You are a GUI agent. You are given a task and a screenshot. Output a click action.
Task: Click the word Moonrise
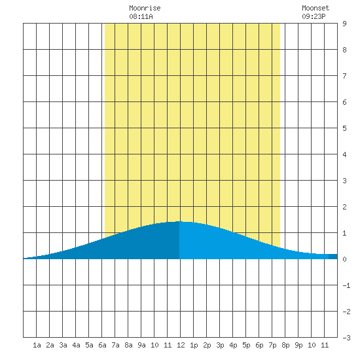pyautogui.click(x=145, y=8)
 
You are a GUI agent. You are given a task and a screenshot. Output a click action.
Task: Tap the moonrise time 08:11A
pyautogui.click(x=141, y=16)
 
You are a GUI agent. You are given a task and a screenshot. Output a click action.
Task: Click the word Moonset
pyautogui.click(x=315, y=8)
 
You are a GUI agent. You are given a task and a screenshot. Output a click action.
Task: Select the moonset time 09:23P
pyautogui.click(x=314, y=16)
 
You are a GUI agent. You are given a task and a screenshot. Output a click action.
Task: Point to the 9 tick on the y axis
pyautogui.click(x=344, y=24)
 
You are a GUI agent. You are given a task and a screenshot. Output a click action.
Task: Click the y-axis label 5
pyautogui.click(x=344, y=128)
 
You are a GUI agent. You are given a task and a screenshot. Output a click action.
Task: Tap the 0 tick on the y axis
pyautogui.click(x=344, y=259)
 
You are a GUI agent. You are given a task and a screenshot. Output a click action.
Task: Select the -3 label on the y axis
pyautogui.click(x=346, y=338)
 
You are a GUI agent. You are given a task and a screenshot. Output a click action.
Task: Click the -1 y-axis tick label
pyautogui.click(x=346, y=285)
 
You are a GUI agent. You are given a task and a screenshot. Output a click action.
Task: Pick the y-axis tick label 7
pyautogui.click(x=344, y=76)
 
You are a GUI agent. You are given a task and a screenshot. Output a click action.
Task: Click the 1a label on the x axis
pyautogui.click(x=37, y=345)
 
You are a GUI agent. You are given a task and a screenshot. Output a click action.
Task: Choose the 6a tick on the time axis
pyautogui.click(x=102, y=345)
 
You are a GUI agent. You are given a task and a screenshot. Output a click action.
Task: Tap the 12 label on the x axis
pyautogui.click(x=181, y=345)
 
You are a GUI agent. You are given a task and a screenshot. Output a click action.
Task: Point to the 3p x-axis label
pyautogui.click(x=220, y=345)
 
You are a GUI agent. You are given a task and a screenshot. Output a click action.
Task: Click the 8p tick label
pyautogui.click(x=285, y=345)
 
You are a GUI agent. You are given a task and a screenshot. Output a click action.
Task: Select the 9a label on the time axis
pyautogui.click(x=141, y=345)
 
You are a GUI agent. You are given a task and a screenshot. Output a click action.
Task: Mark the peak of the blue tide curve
pyautogui.click(x=179, y=221)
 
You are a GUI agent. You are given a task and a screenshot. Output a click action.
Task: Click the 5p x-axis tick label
pyautogui.click(x=246, y=345)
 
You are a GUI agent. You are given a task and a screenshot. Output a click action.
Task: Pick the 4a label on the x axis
pyautogui.click(x=76, y=345)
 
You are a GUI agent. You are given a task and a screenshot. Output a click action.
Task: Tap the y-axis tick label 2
pyautogui.click(x=344, y=207)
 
